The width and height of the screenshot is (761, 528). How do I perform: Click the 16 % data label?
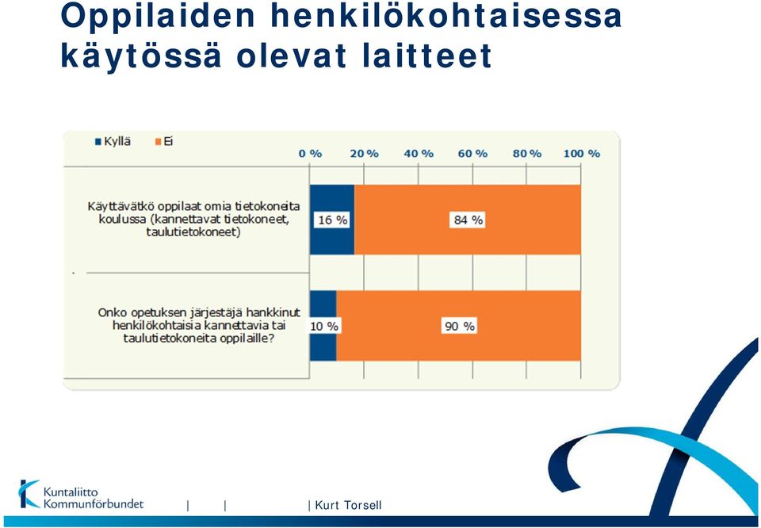tap(332, 220)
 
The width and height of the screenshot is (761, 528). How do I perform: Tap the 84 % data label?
tap(468, 220)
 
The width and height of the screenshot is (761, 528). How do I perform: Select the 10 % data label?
tap(323, 326)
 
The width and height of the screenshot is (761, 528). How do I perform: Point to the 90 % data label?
tap(460, 326)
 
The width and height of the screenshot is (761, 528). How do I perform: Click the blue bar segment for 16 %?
tap(332, 220)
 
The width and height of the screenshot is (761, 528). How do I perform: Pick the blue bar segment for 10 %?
tap(323, 326)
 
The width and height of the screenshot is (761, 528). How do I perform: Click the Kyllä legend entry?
tap(113, 142)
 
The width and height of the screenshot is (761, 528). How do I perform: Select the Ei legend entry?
tap(164, 142)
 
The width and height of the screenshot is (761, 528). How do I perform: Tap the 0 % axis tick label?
tap(310, 154)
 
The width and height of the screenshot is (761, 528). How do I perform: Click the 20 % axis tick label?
tap(365, 154)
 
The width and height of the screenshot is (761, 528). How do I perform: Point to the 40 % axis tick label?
tap(419, 154)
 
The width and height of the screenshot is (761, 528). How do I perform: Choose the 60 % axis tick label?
tap(472, 154)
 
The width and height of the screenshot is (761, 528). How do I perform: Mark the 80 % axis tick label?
tap(527, 154)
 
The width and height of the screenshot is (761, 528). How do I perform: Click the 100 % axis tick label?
tap(581, 154)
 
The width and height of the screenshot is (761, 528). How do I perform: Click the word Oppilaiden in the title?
tap(159, 16)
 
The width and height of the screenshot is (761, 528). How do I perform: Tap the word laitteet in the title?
tap(427, 55)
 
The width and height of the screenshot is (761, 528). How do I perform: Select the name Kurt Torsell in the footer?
tap(349, 505)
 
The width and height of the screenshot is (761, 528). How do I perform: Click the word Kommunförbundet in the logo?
tap(94, 503)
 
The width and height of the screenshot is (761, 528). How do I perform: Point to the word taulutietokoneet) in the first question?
tap(193, 232)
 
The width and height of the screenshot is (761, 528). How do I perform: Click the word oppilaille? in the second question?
tap(247, 339)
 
